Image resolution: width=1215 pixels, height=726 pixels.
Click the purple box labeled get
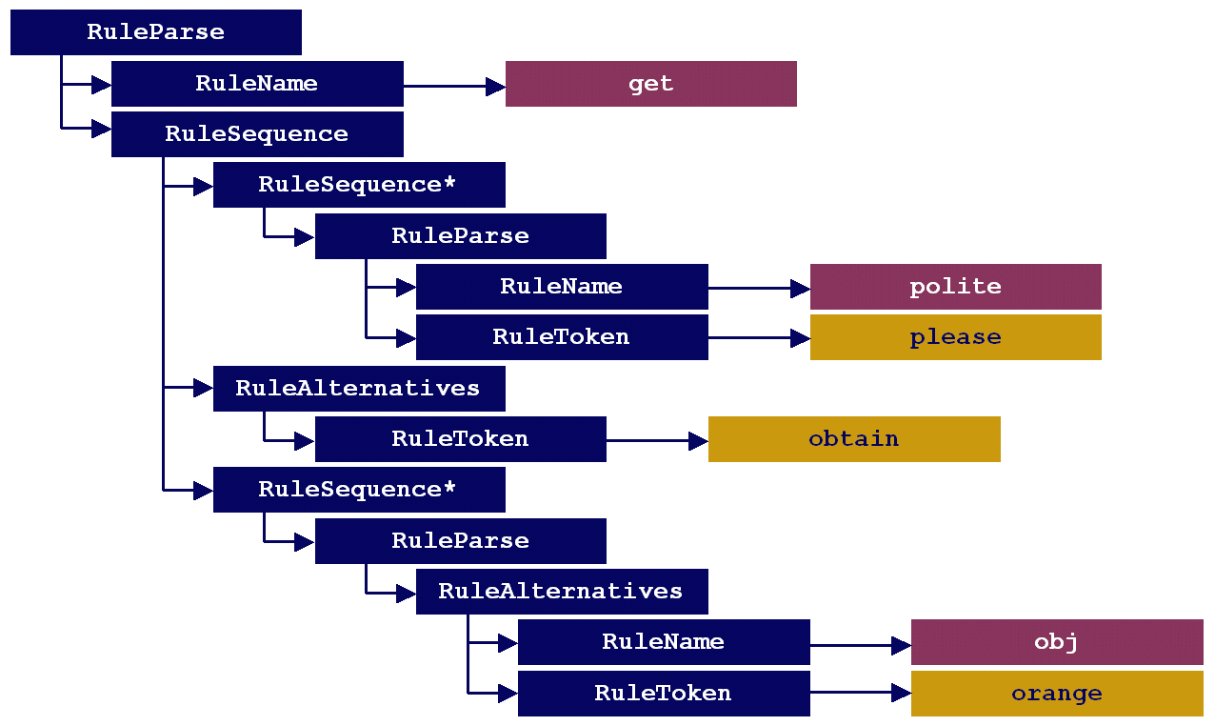[x=650, y=84]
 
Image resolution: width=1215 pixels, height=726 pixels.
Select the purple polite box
[x=955, y=287]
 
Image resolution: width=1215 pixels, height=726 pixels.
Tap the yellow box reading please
[x=955, y=337]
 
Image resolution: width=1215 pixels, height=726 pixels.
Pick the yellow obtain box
[x=854, y=439]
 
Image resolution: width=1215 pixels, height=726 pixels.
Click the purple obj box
[x=1057, y=642]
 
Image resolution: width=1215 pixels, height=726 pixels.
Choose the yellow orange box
[x=1057, y=694]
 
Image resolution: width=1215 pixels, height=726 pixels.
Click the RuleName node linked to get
[x=257, y=84]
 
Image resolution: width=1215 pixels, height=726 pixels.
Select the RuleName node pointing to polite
[x=562, y=287]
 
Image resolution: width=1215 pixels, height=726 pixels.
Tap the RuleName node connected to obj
[x=664, y=642]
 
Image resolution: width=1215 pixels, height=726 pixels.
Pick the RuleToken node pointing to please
[x=562, y=337]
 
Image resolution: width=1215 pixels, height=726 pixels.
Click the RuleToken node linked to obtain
[x=460, y=439]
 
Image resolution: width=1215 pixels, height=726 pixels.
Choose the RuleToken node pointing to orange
[x=664, y=694]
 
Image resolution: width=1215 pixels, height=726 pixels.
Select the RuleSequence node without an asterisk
[x=257, y=134]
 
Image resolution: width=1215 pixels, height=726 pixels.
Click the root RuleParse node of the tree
[x=156, y=32]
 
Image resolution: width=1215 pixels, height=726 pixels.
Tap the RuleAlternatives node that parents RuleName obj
[x=562, y=592]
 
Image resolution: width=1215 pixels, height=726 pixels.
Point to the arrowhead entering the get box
[x=495, y=87]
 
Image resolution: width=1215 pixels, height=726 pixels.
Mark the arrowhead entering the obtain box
[x=698, y=440]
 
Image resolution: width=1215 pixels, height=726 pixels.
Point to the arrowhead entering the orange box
[x=901, y=695]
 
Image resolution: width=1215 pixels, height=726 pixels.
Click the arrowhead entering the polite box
[x=800, y=288]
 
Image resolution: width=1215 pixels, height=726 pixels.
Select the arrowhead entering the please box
[x=800, y=338]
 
